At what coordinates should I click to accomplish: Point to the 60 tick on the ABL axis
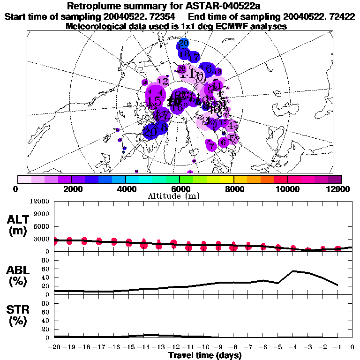(x=46, y=269)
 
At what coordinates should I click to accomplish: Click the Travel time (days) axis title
(x=205, y=356)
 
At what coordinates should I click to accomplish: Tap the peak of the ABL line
(x=293, y=270)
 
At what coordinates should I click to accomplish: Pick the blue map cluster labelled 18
(x=184, y=54)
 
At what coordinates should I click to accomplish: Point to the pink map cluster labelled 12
(x=164, y=81)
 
